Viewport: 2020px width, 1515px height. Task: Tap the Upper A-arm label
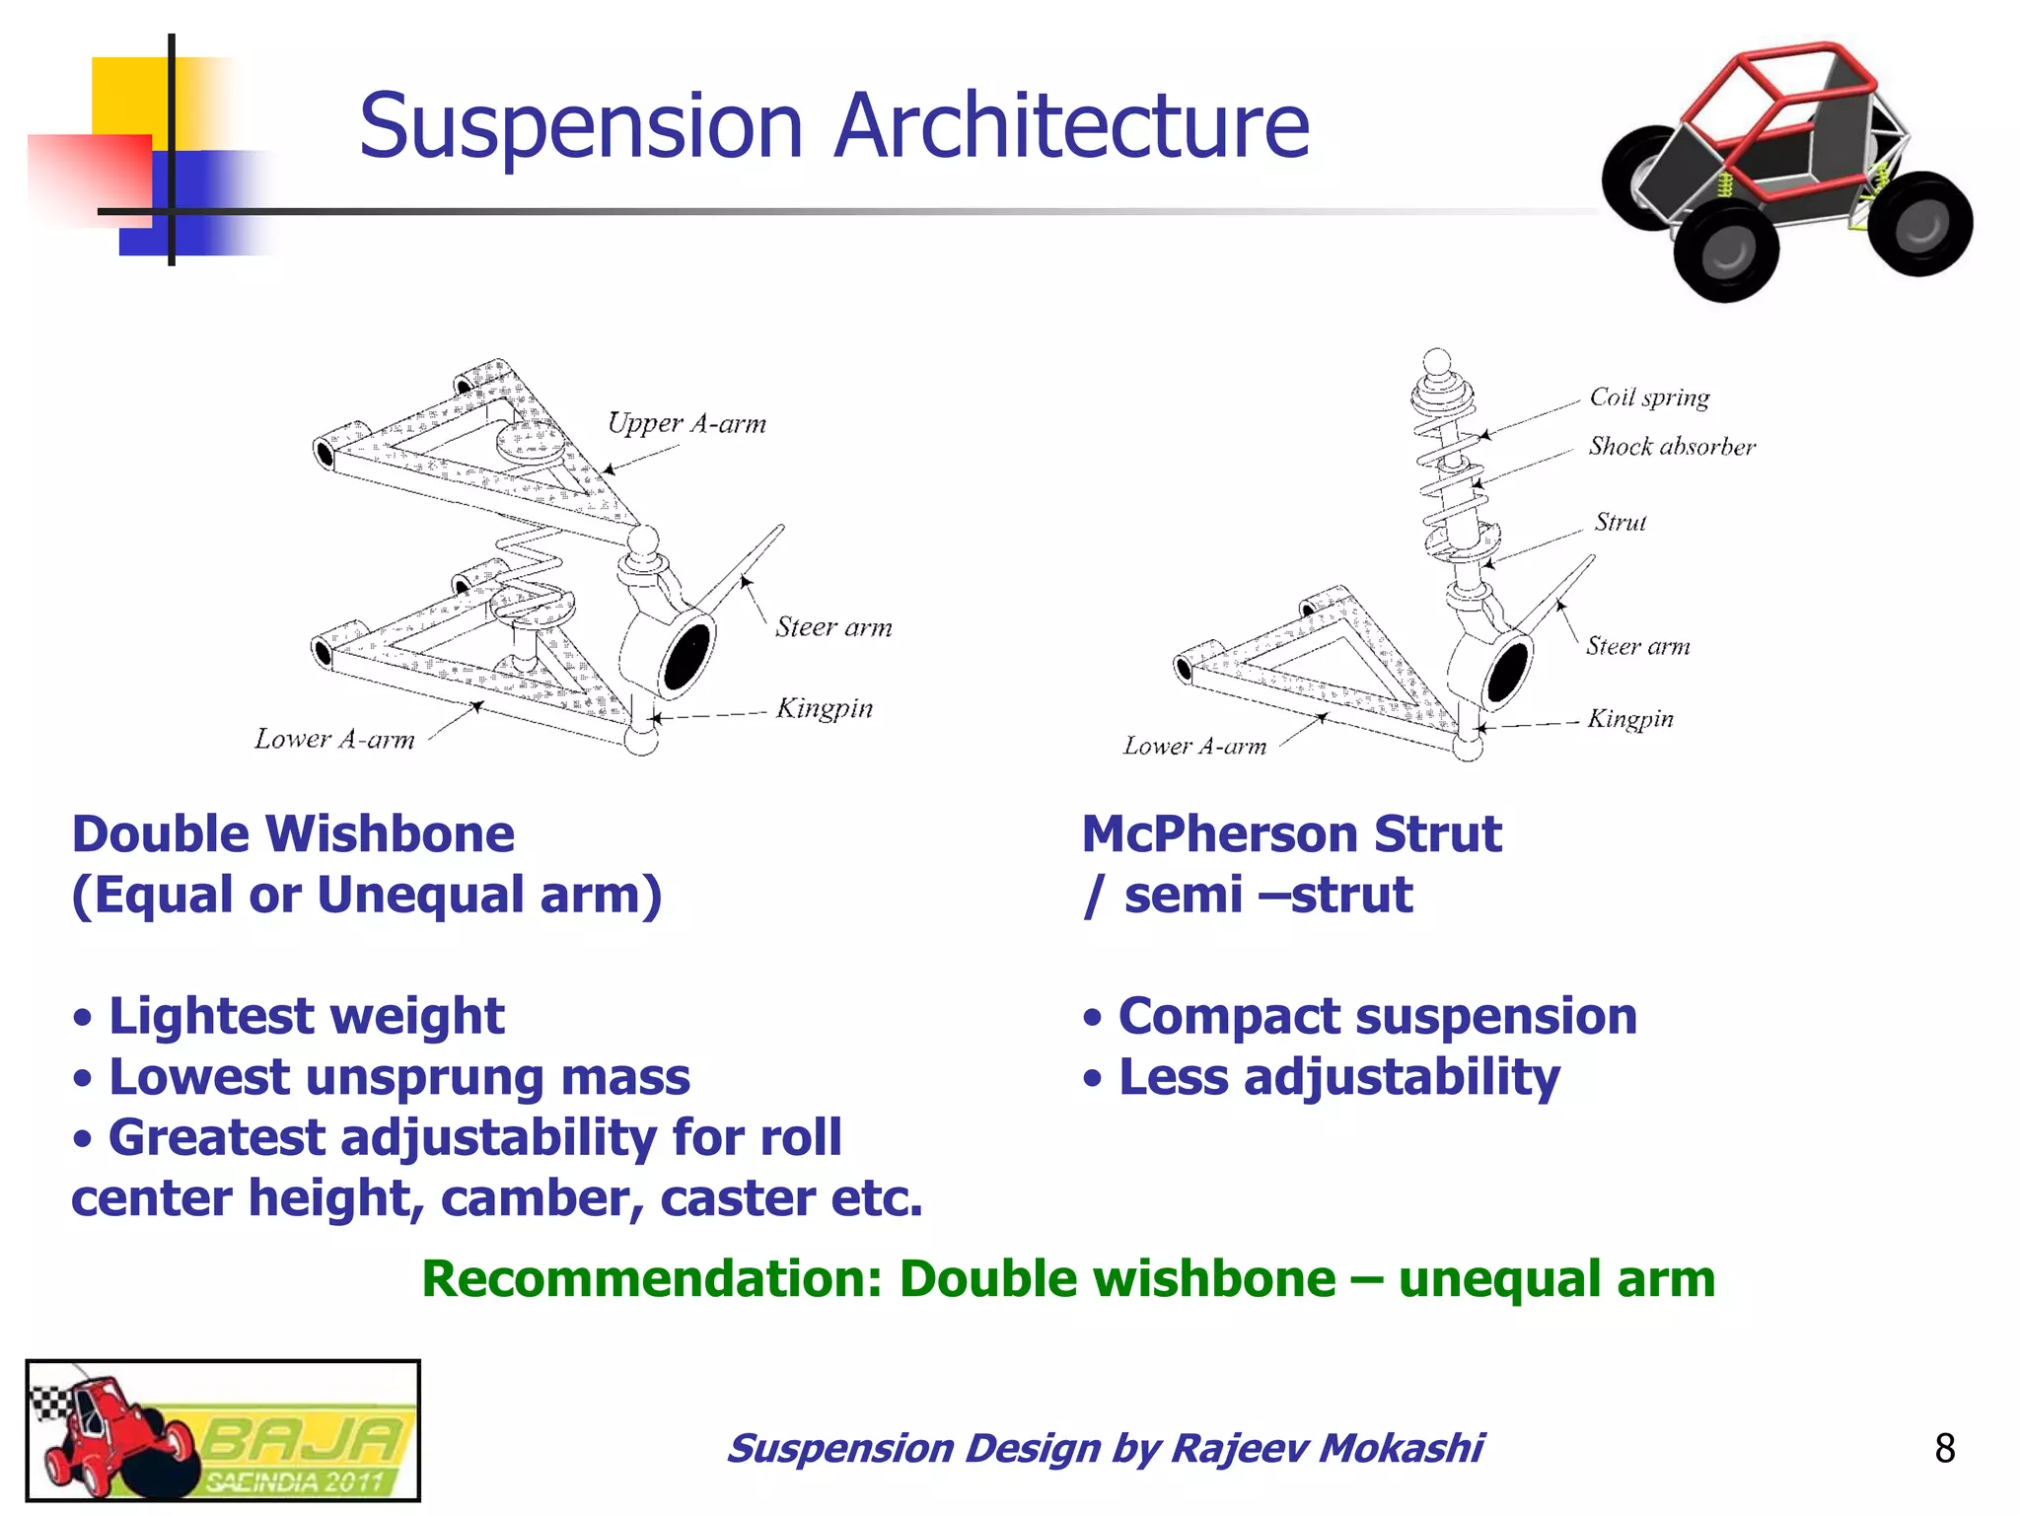[x=686, y=423]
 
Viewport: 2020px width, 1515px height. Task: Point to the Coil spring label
[x=1649, y=397]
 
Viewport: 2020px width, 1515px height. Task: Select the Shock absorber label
[x=1672, y=447]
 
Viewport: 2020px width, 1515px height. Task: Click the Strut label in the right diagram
[x=1621, y=522]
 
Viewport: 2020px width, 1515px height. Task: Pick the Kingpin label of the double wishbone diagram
[x=825, y=708]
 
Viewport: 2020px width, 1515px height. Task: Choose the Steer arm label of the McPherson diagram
[x=1637, y=646]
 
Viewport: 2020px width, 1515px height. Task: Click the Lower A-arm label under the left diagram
[x=334, y=739]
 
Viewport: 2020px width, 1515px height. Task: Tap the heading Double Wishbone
[x=293, y=834]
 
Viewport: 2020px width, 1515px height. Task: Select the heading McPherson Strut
[x=1291, y=834]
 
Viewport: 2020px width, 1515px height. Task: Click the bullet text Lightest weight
[x=306, y=1016]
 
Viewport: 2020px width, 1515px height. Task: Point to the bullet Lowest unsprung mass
[x=398, y=1077]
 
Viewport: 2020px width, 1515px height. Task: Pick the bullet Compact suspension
[x=1377, y=1016]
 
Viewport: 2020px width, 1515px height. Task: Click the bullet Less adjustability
[x=1338, y=1077]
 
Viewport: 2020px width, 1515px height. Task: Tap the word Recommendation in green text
[x=651, y=1279]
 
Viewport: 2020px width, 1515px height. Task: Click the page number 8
[x=1944, y=1448]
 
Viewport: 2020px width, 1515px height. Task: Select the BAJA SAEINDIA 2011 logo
[x=223, y=1430]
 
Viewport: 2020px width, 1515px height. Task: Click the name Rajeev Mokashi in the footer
[x=1326, y=1448]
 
